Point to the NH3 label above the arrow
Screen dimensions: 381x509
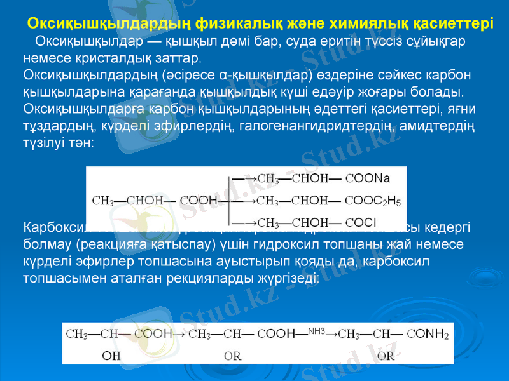pos(316,331)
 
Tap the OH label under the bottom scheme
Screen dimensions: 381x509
pos(111,356)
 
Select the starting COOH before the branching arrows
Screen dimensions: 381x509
pos(199,201)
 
